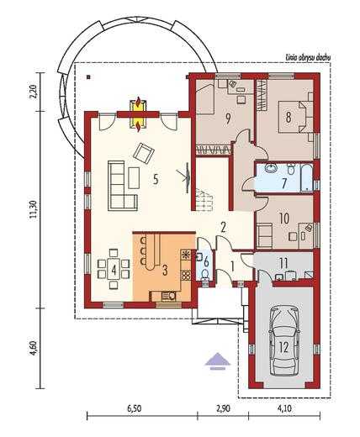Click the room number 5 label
coord(156,179)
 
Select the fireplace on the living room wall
coord(138,113)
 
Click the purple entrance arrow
coord(218,361)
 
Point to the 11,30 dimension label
coord(34,209)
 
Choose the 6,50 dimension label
coord(134,409)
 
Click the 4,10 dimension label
coord(284,409)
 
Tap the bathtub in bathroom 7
coord(306,178)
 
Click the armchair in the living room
coord(144,153)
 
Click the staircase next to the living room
coord(204,199)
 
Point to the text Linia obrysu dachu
coord(308,58)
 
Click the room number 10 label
coord(284,218)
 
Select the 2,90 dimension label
coord(223,409)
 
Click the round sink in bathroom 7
coord(272,169)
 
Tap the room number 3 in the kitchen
coord(165,271)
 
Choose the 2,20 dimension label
coord(34,92)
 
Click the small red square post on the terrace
coord(88,76)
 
